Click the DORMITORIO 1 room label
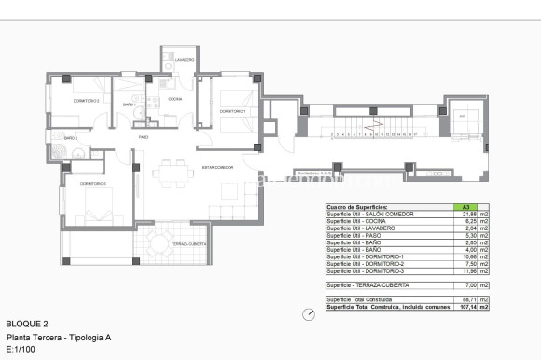(232, 111)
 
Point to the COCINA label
(174, 99)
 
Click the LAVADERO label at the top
(184, 59)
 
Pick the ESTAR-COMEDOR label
(217, 168)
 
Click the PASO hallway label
(144, 136)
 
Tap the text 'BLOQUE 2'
(25, 322)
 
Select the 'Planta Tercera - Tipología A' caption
(58, 336)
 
